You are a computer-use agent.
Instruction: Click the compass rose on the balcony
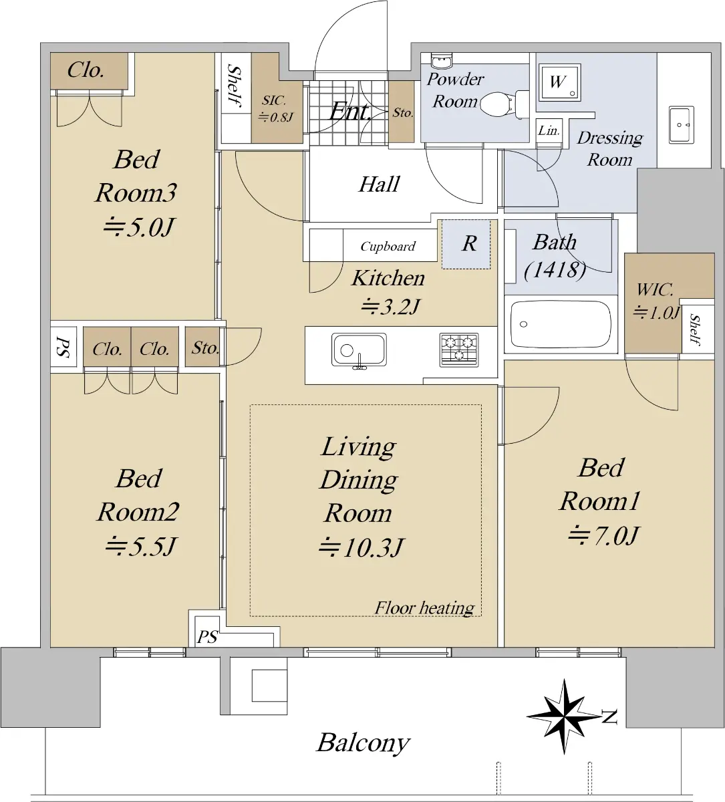point(564,716)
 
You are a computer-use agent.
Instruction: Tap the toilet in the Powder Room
point(504,104)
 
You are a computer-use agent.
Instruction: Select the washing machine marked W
point(559,82)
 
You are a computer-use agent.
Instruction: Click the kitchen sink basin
point(359,350)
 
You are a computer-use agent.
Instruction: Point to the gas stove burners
point(458,350)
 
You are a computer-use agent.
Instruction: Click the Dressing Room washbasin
point(682,125)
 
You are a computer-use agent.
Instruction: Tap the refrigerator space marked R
point(466,244)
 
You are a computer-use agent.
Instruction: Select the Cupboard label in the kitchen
point(388,246)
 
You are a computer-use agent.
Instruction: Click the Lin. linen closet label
point(549,130)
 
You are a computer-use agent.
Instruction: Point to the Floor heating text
point(424,608)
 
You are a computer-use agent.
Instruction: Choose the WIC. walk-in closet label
point(655,289)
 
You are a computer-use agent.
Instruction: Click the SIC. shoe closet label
point(274,100)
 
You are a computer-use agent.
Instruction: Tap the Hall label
point(379,184)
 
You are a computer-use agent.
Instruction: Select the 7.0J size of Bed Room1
point(603,536)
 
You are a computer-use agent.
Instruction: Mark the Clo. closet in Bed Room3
point(86,70)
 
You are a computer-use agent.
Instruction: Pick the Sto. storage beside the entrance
point(402,113)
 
